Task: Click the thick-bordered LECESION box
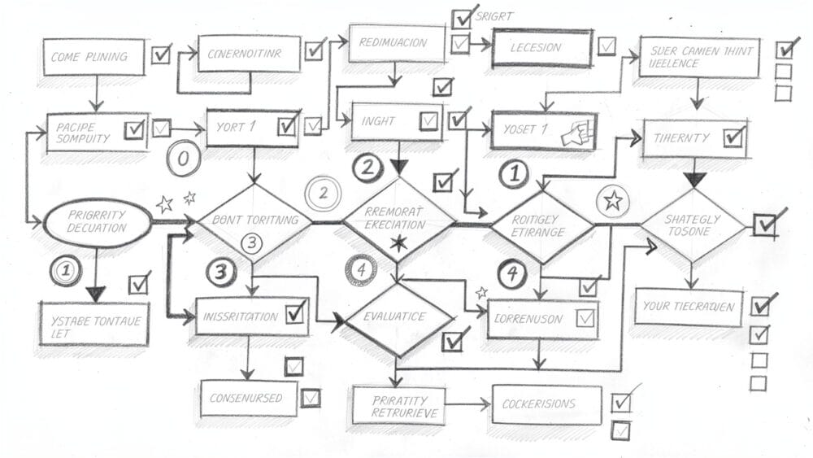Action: [x=540, y=48]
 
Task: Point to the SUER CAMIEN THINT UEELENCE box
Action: [x=699, y=56]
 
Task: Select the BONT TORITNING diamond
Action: [x=254, y=221]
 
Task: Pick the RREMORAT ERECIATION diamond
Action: [x=398, y=219]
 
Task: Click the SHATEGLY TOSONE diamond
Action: [x=693, y=225]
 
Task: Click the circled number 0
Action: [x=183, y=159]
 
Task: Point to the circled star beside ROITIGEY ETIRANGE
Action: [x=611, y=201]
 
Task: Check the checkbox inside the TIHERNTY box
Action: [x=733, y=136]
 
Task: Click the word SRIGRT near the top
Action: [x=496, y=16]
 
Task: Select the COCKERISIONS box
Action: [x=546, y=404]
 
